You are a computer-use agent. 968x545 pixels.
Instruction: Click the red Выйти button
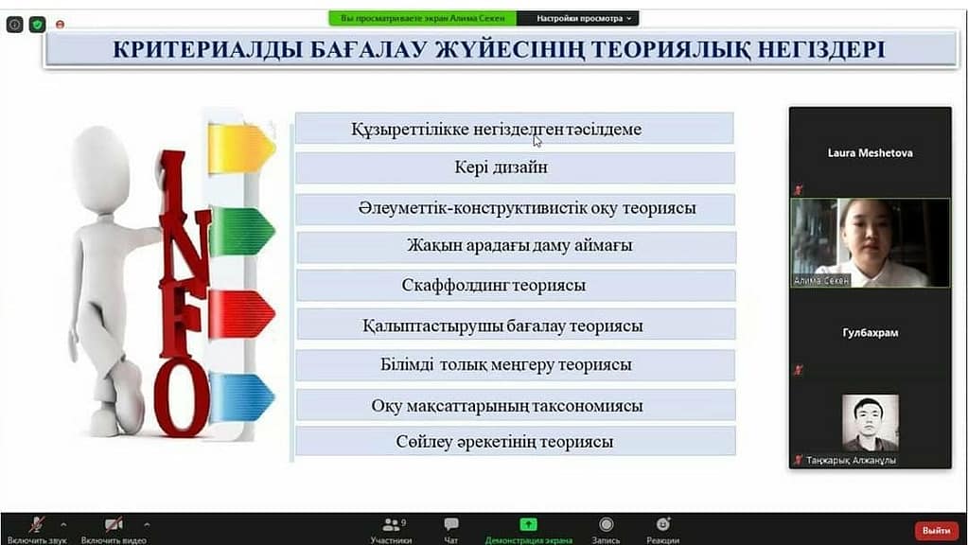(936, 530)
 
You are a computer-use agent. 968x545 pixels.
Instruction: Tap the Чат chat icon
(451, 524)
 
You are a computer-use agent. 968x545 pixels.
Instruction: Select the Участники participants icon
(392, 524)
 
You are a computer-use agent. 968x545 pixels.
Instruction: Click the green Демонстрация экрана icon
(528, 524)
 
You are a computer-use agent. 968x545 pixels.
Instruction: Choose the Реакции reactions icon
(663, 524)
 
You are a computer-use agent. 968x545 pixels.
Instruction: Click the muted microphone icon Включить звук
(36, 524)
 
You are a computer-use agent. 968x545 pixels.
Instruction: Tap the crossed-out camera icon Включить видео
(114, 524)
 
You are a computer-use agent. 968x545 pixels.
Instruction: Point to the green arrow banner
(241, 232)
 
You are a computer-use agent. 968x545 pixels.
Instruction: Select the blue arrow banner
(241, 396)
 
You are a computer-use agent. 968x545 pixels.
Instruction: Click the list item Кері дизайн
(515, 167)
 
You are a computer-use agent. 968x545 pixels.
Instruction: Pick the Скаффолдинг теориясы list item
(516, 285)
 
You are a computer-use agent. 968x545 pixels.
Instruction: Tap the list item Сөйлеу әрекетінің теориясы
(516, 442)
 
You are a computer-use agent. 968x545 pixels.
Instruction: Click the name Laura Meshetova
(870, 153)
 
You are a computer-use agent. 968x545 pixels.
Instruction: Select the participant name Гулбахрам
(870, 333)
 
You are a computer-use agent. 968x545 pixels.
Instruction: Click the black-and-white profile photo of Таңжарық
(871, 423)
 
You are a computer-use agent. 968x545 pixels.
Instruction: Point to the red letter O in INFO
(181, 396)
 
